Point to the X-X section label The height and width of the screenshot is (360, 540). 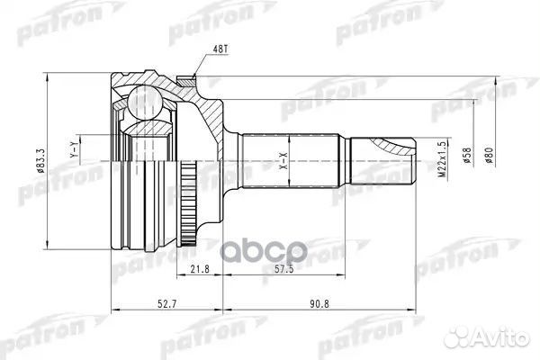tap(282, 163)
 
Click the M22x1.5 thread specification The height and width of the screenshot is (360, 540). tap(440, 163)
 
